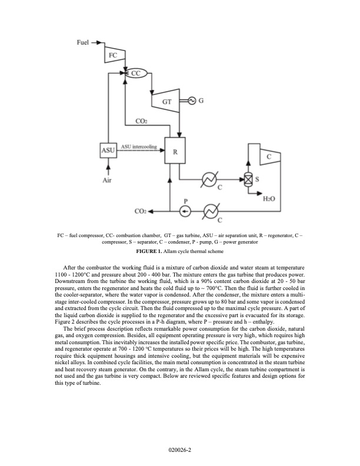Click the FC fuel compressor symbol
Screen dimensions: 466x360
pyautogui.click(x=114, y=54)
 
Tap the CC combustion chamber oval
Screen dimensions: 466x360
pyautogui.click(x=135, y=74)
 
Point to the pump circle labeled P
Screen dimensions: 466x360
pyautogui.click(x=185, y=210)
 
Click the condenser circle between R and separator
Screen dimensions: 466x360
pyautogui.click(x=209, y=179)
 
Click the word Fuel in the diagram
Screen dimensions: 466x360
pyautogui.click(x=85, y=43)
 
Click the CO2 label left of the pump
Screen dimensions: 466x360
pyautogui.click(x=141, y=211)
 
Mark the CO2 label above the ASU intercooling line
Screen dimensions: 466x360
pyautogui.click(x=141, y=121)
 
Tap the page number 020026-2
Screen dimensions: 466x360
pyautogui.click(x=180, y=449)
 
